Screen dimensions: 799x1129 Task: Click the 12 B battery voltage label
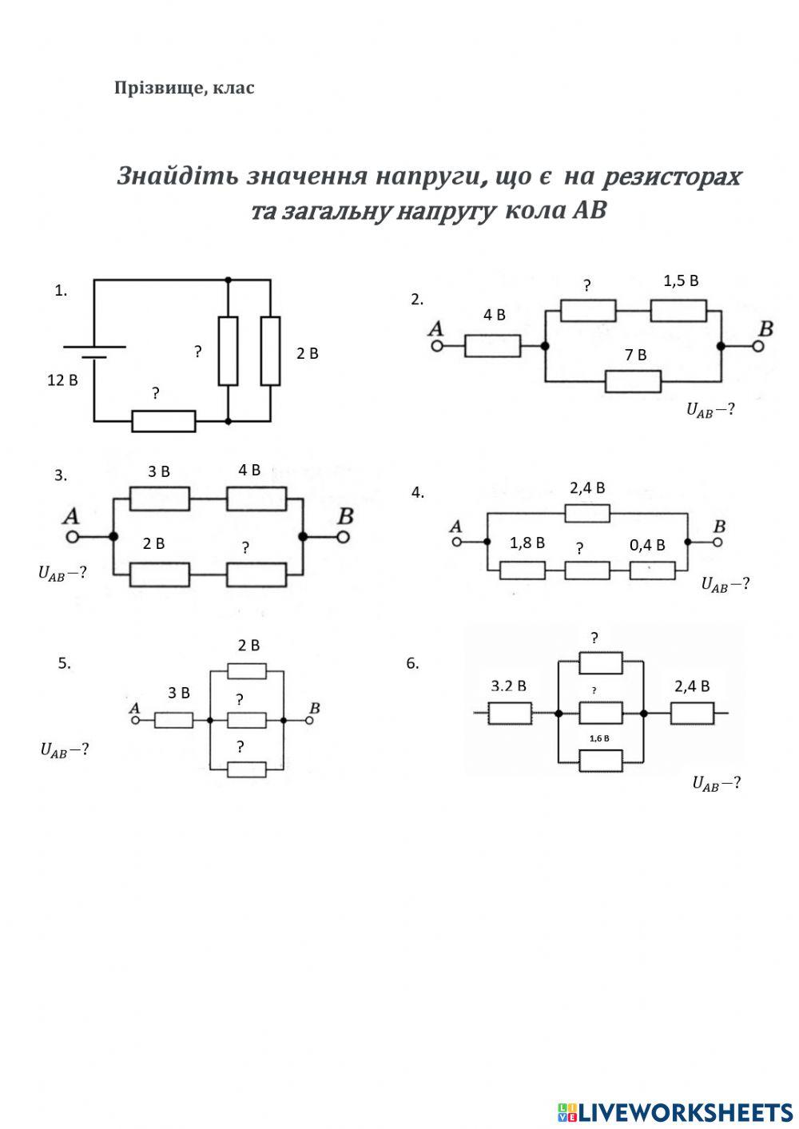pyautogui.click(x=62, y=380)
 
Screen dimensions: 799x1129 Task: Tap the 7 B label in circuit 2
pyautogui.click(x=635, y=355)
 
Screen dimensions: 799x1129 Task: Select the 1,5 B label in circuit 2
pyautogui.click(x=681, y=281)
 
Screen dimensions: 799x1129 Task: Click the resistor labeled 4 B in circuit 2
pyautogui.click(x=492, y=346)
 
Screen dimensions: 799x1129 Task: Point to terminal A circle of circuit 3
pyautogui.click(x=72, y=537)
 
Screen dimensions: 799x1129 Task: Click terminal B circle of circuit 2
pyautogui.click(x=757, y=346)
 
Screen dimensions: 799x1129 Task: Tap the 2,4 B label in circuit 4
pyautogui.click(x=587, y=488)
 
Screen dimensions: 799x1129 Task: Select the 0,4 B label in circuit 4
pyautogui.click(x=647, y=545)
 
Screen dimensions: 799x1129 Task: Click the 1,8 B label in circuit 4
pyautogui.click(x=527, y=543)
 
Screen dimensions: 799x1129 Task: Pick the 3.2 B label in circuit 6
pyautogui.click(x=509, y=686)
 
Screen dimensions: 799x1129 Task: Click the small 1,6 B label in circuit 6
pyautogui.click(x=599, y=738)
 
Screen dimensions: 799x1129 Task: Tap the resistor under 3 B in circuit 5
pyautogui.click(x=173, y=720)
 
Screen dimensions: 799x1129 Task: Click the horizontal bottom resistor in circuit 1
pyautogui.click(x=164, y=421)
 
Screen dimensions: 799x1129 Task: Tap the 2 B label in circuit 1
pyautogui.click(x=308, y=354)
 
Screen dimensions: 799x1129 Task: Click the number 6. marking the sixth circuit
pyautogui.click(x=412, y=664)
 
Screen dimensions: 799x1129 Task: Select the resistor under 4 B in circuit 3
pyautogui.click(x=256, y=499)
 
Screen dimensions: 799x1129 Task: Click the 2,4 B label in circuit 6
pyautogui.click(x=692, y=686)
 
